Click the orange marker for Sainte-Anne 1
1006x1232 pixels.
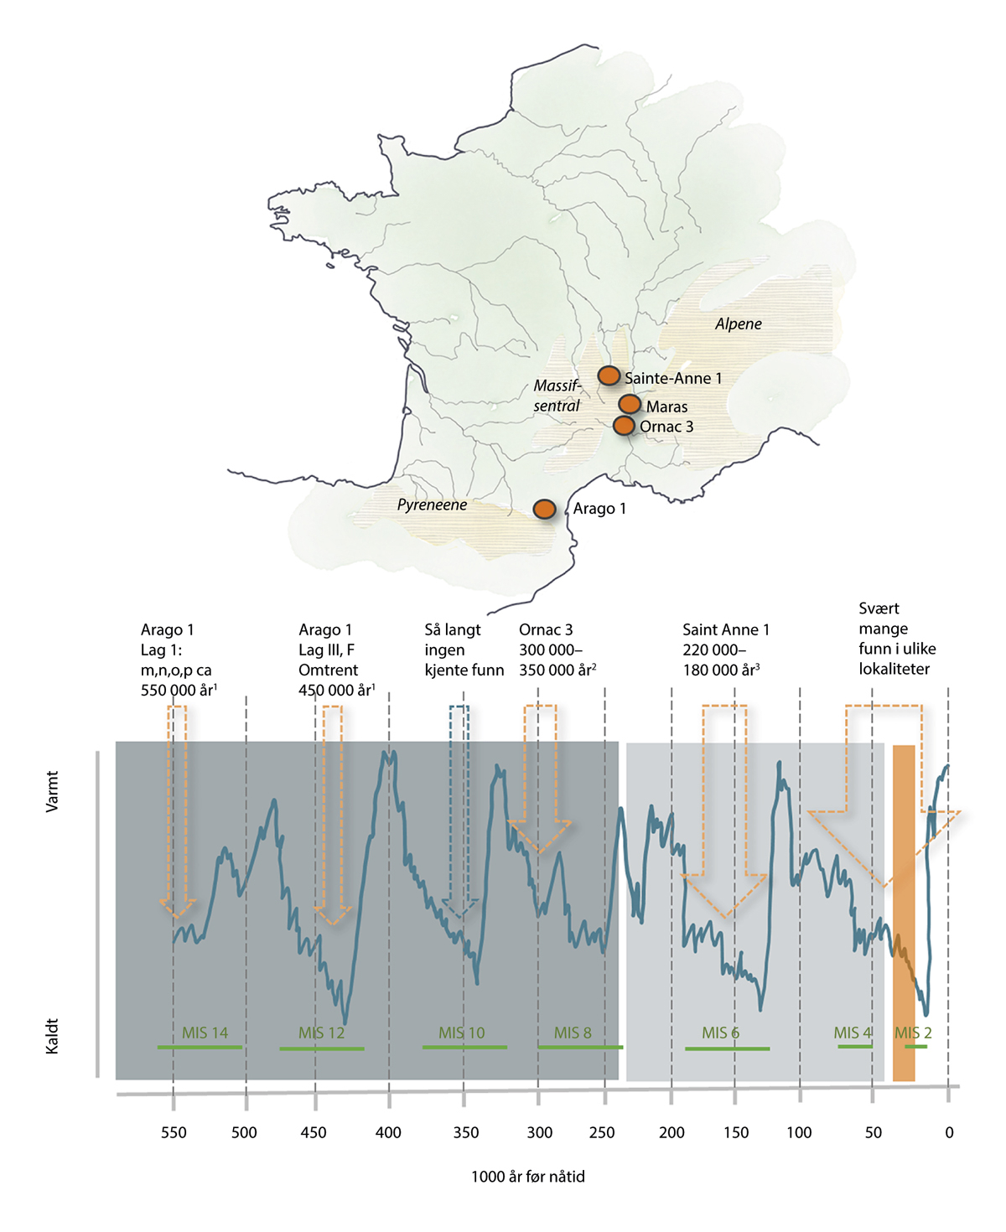[x=609, y=375]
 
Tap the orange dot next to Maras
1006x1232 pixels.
[x=630, y=405]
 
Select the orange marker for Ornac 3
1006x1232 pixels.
[x=624, y=426]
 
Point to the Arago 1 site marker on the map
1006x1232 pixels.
[x=545, y=509]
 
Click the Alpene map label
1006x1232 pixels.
[x=738, y=324]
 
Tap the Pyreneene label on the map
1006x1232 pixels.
[x=432, y=505]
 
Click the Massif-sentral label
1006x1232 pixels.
[x=557, y=396]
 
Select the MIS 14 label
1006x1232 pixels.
[x=205, y=1033]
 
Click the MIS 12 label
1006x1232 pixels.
[x=321, y=1033]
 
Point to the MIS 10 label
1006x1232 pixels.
[x=461, y=1033]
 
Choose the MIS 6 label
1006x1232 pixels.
[x=721, y=1033]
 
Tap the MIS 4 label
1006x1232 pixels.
[x=853, y=1033]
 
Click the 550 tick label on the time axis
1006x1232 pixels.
[x=174, y=1133]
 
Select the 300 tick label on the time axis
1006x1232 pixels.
[x=540, y=1133]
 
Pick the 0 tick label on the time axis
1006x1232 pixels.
[x=949, y=1133]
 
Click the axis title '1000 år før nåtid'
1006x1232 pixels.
[x=528, y=1177]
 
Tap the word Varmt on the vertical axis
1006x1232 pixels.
[x=52, y=792]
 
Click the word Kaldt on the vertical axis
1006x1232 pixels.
[x=52, y=1036]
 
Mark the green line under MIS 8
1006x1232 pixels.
[x=580, y=1047]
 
